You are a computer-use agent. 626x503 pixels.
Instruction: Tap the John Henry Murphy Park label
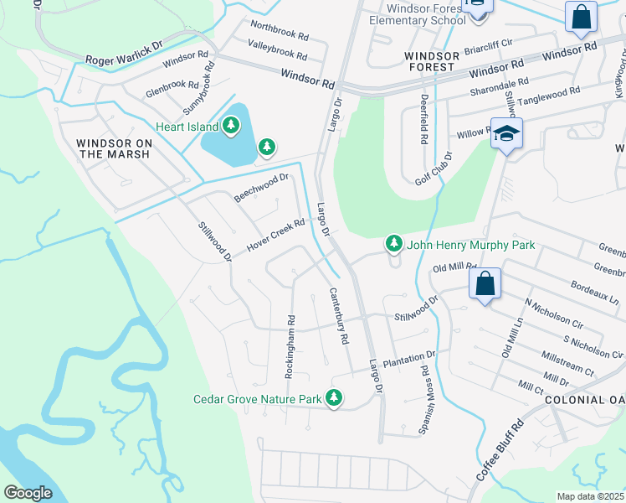[470, 246]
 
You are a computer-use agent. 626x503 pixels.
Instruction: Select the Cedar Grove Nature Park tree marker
[335, 399]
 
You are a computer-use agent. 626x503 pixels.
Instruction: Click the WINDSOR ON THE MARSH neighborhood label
[114, 149]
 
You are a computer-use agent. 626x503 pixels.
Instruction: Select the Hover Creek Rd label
[275, 237]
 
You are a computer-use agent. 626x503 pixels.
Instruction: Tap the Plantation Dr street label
[409, 359]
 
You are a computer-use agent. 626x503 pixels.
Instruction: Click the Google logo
[28, 493]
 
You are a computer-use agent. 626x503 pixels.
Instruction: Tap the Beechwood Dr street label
[261, 188]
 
